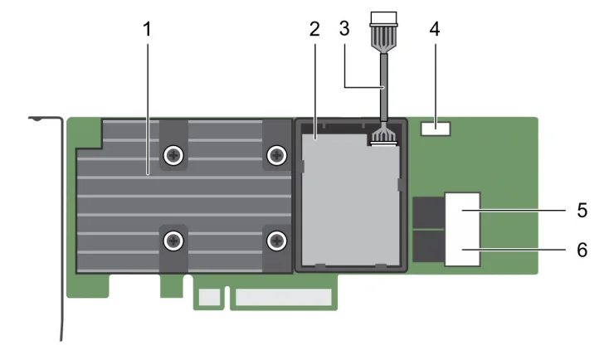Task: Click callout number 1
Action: click(x=147, y=29)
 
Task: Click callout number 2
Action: click(x=314, y=29)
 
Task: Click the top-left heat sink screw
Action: click(x=173, y=154)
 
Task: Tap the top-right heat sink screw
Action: click(x=276, y=154)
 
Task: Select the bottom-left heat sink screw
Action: click(x=173, y=241)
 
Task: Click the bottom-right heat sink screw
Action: click(x=276, y=241)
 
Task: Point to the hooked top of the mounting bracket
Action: click(x=37, y=118)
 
